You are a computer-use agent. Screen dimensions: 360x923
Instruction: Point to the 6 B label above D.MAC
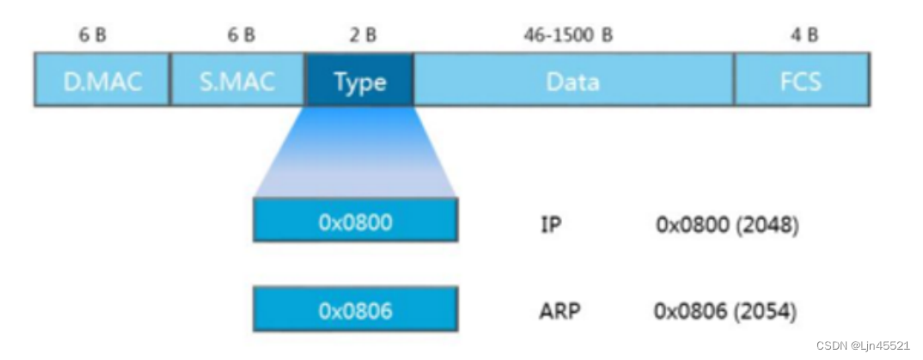click(x=93, y=35)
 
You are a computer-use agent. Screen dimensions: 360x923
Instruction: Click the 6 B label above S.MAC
click(x=241, y=35)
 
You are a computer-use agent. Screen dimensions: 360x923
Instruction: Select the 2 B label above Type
click(x=362, y=35)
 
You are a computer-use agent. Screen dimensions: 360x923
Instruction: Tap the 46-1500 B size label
click(x=568, y=35)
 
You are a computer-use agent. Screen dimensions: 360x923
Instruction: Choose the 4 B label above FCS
click(x=804, y=35)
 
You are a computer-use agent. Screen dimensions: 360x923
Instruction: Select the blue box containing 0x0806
click(x=355, y=309)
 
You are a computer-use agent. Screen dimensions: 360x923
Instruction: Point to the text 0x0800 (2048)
click(x=727, y=225)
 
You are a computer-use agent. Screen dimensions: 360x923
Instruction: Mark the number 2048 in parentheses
click(x=767, y=225)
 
